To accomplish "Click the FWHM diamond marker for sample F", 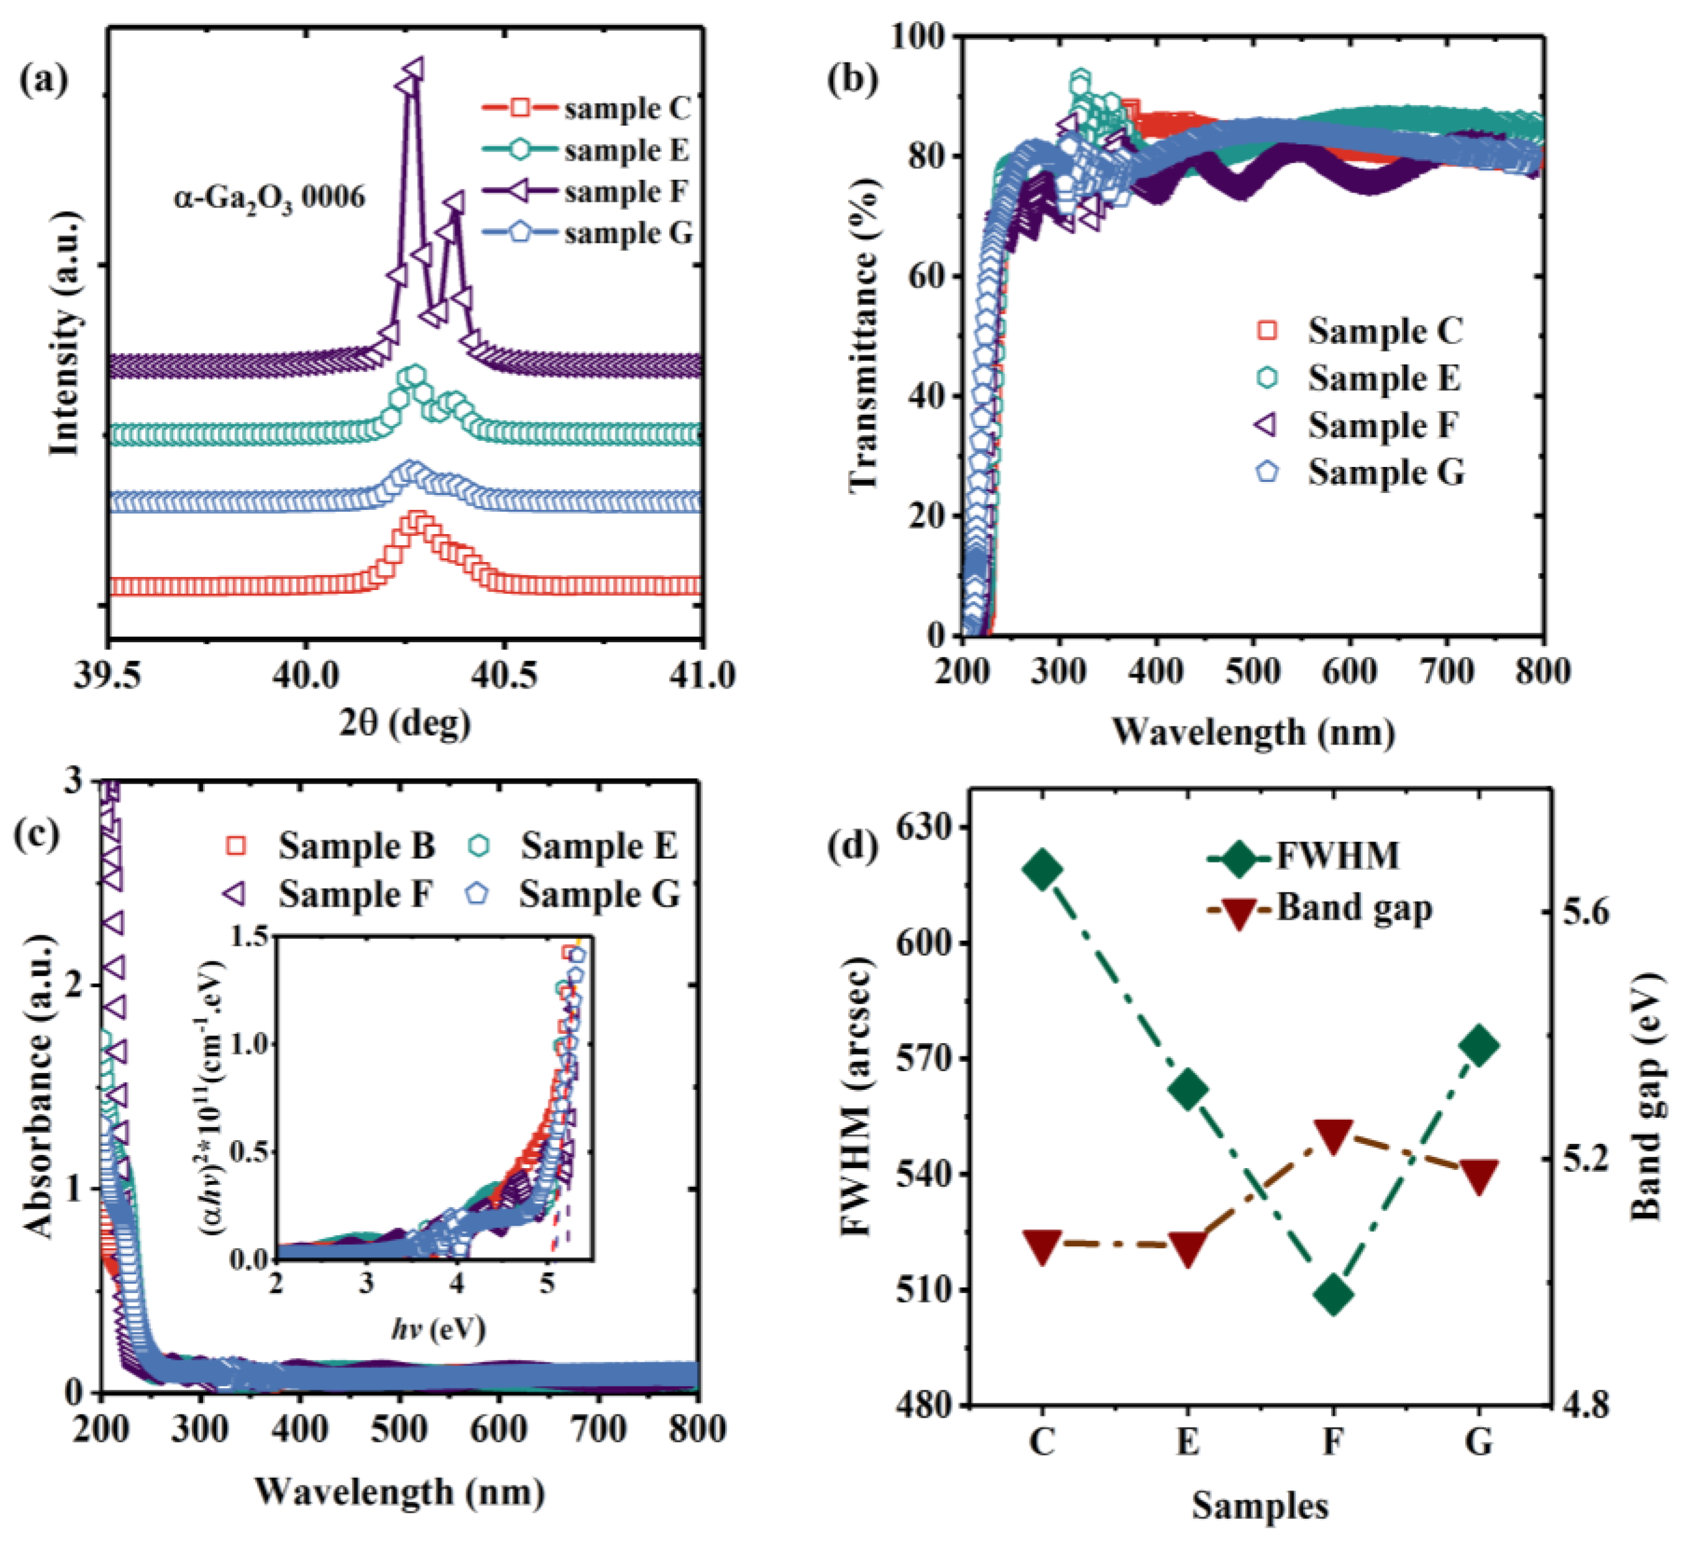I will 1333,1295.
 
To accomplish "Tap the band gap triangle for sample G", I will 1479,1177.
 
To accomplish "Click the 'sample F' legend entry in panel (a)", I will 625,192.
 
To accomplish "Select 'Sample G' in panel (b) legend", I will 1385,473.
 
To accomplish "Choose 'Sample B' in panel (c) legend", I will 356,846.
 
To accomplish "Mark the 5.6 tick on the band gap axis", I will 1587,912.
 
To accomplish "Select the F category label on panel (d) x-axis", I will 1333,1442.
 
